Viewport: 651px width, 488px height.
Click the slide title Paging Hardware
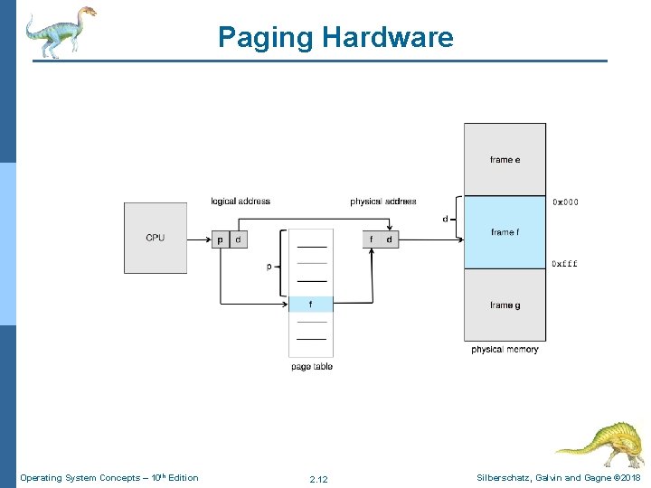click(335, 37)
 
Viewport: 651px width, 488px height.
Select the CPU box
click(156, 238)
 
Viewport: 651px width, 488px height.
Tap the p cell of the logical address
click(221, 239)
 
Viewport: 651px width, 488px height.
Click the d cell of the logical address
click(238, 239)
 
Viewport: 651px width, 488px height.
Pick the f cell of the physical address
click(371, 239)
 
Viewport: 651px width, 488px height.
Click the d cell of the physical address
click(389, 239)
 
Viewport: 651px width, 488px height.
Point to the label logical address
click(241, 201)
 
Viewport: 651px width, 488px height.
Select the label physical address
click(383, 201)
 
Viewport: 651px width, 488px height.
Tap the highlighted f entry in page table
click(311, 305)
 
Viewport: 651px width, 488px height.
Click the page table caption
click(312, 366)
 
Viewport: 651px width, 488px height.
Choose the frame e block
click(505, 160)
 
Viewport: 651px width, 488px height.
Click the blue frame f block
click(505, 232)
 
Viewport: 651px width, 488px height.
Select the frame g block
click(505, 305)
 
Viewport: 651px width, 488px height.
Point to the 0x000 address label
click(565, 202)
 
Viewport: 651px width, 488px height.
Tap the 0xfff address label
click(565, 264)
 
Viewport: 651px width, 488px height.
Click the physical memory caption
click(505, 349)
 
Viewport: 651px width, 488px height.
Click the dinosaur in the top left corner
click(60, 31)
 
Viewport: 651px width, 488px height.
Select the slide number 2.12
click(318, 479)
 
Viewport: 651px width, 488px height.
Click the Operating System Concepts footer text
click(108, 477)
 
